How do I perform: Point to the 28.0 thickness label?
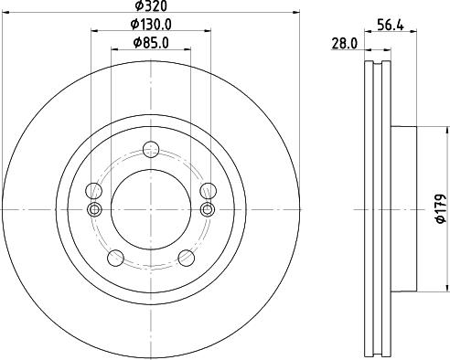(x=343, y=42)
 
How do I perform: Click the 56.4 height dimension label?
(x=392, y=26)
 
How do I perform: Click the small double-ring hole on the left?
(x=92, y=208)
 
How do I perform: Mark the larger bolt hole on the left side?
(x=92, y=191)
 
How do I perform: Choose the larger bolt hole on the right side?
(x=208, y=191)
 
